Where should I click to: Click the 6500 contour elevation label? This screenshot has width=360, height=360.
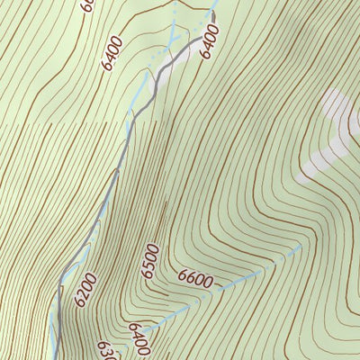[x=151, y=262]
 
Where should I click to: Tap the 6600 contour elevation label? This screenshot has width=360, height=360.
[x=195, y=279]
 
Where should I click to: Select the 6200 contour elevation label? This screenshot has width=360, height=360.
[x=85, y=291]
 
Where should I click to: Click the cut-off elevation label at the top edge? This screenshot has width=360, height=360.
[x=86, y=4]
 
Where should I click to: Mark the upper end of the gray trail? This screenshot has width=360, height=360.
[x=215, y=39]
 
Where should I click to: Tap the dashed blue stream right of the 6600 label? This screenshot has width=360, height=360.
[x=252, y=274]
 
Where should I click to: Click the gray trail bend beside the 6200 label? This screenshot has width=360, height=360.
[x=61, y=286]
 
